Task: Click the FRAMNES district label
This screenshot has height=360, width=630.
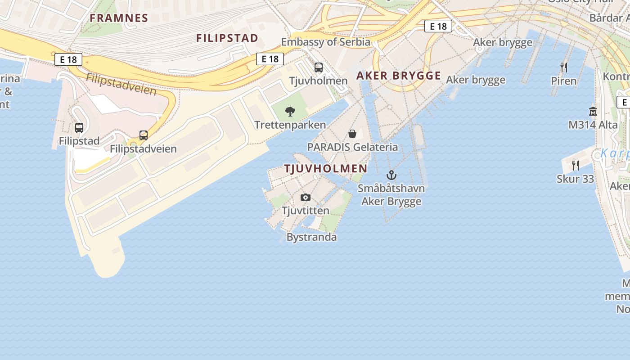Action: [119, 18]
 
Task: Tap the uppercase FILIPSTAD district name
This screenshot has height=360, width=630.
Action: [227, 38]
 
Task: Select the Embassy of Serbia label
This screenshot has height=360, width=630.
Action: [325, 42]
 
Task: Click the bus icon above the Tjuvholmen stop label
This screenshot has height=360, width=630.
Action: [319, 68]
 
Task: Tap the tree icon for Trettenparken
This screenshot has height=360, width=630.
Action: [290, 111]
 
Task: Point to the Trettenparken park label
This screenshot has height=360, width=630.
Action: [290, 125]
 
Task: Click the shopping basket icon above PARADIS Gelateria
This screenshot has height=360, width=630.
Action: [352, 134]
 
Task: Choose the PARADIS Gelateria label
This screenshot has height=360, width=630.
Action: [352, 147]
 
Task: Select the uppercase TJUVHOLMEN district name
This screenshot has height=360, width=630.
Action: [326, 169]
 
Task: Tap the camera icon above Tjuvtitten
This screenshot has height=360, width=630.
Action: [306, 198]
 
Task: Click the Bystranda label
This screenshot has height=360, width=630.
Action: [311, 237]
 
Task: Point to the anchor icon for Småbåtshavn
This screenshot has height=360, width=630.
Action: [391, 175]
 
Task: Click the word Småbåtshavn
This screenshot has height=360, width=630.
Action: [391, 188]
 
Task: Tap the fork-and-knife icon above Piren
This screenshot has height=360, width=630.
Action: [564, 67]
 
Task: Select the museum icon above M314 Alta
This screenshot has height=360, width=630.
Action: [593, 111]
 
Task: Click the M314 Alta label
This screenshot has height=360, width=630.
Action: [593, 125]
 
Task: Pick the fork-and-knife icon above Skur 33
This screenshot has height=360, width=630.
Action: [576, 166]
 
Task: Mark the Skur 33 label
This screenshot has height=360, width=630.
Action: [576, 179]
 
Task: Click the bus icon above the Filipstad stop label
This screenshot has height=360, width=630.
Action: [79, 128]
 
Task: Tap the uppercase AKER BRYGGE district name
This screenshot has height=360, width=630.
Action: [399, 76]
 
